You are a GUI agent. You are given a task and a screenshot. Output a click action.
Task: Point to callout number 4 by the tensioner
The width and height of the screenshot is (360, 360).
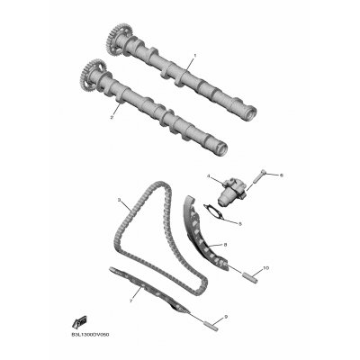tap(207, 175)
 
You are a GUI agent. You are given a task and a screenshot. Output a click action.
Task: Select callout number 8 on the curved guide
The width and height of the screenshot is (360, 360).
tap(225, 244)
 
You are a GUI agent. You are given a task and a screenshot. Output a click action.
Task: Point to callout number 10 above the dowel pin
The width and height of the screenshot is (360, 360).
tap(265, 268)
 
